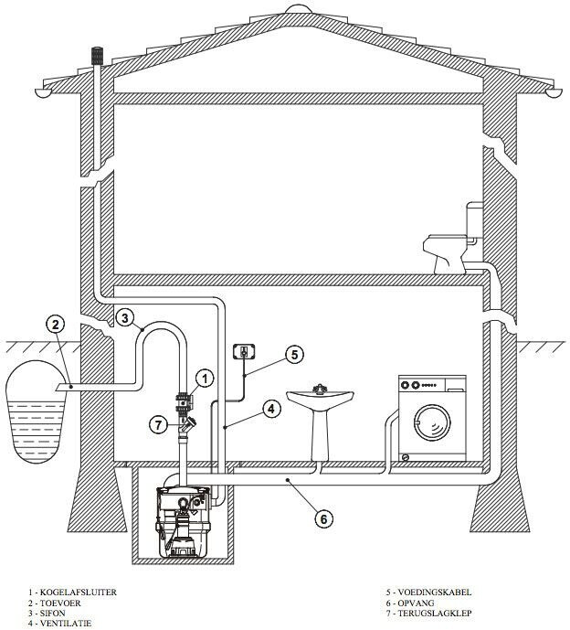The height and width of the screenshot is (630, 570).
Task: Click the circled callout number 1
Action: pyautogui.click(x=206, y=379)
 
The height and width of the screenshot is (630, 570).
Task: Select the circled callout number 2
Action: pyautogui.click(x=56, y=325)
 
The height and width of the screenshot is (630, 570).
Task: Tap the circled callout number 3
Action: pyautogui.click(x=125, y=318)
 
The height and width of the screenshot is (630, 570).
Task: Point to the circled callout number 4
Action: pyautogui.click(x=271, y=409)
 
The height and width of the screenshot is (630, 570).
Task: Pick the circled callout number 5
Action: pyautogui.click(x=295, y=355)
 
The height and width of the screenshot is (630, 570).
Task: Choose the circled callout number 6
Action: pyautogui.click(x=323, y=519)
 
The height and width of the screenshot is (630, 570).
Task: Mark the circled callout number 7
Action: pyautogui.click(x=159, y=424)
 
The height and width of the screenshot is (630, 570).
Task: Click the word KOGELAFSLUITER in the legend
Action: pyautogui.click(x=79, y=593)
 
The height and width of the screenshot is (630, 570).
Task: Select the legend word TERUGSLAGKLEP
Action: pyautogui.click(x=435, y=614)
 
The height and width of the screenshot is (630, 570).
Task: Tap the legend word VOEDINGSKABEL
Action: pyautogui.click(x=435, y=592)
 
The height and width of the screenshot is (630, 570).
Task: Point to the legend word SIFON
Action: pyautogui.click(x=53, y=614)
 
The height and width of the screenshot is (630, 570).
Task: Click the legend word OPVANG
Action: pyautogui.click(x=416, y=603)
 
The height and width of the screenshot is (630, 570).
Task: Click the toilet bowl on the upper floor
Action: pyautogui.click(x=445, y=253)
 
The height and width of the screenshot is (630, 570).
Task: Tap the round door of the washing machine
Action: pyautogui.click(x=433, y=423)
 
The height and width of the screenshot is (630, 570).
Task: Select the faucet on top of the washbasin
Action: pyautogui.click(x=320, y=389)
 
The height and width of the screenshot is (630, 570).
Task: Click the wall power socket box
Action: pyautogui.click(x=244, y=351)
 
